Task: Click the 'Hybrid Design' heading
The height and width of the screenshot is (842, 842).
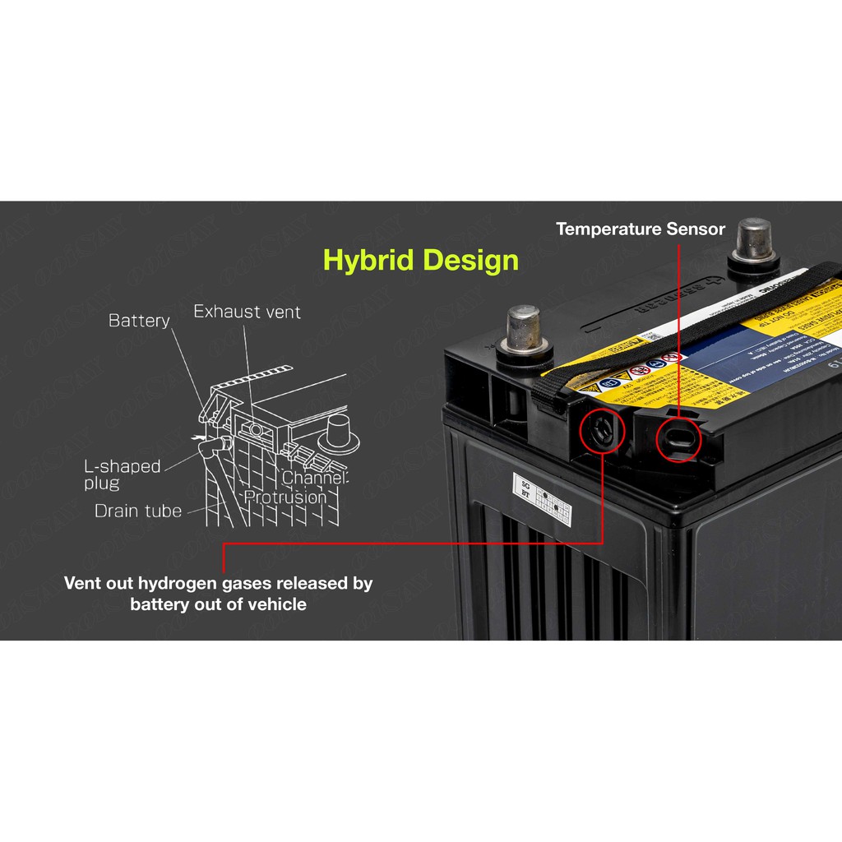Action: tap(421, 261)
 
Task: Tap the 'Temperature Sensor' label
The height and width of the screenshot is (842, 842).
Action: tap(641, 229)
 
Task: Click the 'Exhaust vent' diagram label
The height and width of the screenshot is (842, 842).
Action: tap(247, 312)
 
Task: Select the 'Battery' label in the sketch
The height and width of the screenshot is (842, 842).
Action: tap(139, 320)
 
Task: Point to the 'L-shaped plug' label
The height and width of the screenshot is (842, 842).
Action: tap(122, 474)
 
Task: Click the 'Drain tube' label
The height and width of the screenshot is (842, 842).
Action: tap(137, 511)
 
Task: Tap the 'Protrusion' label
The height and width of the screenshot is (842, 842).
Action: tap(285, 497)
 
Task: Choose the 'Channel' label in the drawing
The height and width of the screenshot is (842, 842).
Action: tap(315, 478)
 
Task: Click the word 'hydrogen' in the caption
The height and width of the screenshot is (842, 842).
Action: tap(178, 584)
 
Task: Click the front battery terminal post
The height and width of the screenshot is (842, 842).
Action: tap(522, 328)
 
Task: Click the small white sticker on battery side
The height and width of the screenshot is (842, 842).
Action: tap(543, 499)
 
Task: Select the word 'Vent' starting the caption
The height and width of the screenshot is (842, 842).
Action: tap(82, 584)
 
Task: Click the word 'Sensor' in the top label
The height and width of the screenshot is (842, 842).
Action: tap(697, 229)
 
